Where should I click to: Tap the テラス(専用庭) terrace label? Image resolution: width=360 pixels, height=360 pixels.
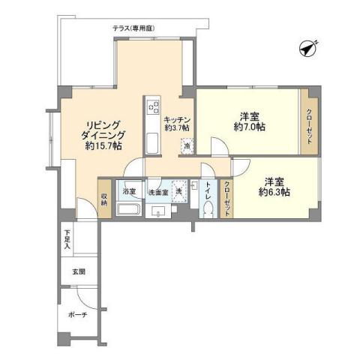click(133, 28)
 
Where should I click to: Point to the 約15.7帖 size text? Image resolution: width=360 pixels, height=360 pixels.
click(104, 146)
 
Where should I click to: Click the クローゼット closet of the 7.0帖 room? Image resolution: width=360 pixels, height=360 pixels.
click(310, 122)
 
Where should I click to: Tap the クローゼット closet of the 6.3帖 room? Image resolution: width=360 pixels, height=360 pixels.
click(227, 198)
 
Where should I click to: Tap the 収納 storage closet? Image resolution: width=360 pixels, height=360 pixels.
click(104, 198)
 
